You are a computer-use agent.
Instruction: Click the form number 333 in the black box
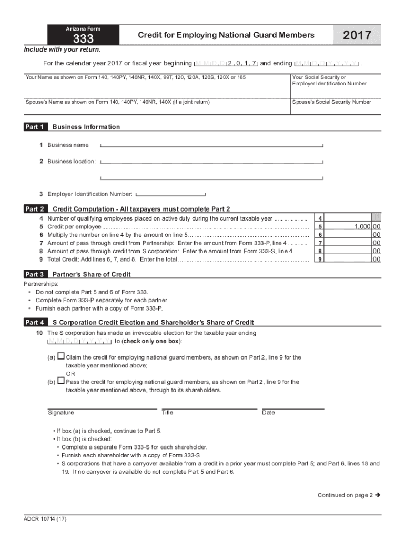[83, 38]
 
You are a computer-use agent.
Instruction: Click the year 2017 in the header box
[357, 36]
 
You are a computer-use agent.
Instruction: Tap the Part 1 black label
[35, 127]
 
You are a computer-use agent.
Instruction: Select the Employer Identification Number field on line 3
[170, 194]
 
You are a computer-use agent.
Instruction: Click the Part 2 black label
[35, 209]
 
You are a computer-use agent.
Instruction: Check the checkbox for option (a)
[61, 356]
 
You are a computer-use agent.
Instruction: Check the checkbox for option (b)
[61, 381]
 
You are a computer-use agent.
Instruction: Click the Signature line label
[61, 413]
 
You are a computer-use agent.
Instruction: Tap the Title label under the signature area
[167, 413]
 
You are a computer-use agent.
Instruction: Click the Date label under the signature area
[268, 413]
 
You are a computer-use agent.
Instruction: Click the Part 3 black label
[35, 274]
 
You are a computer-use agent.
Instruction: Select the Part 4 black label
[35, 322]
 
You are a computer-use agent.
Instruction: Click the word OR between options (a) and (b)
[70, 374]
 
